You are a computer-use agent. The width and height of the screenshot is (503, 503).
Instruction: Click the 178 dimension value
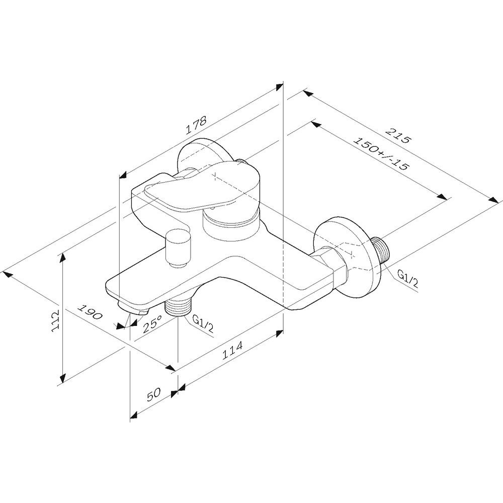196,125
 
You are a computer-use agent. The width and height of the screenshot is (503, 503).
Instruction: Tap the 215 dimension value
397,136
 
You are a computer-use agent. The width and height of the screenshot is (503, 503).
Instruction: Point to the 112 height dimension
56,320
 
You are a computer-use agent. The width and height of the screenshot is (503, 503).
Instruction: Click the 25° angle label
152,324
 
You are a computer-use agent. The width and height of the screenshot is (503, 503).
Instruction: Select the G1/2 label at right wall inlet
408,278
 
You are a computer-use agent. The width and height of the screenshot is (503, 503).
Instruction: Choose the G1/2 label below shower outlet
203,323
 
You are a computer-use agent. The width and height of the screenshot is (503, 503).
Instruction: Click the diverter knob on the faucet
178,247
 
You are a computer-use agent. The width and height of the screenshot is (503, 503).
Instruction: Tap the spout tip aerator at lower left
134,307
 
